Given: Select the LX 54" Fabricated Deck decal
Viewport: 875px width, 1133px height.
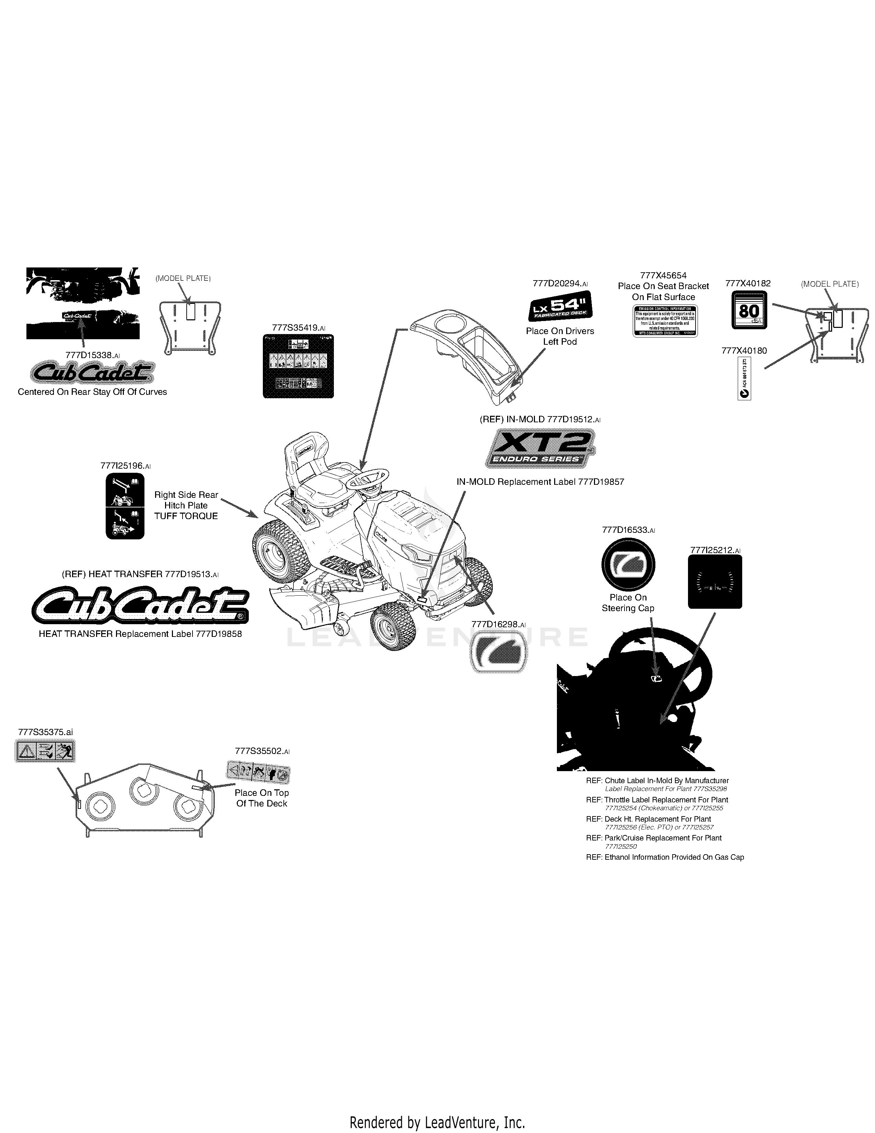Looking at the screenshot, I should pos(560,309).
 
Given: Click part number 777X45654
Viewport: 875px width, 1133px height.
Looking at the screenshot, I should pos(663,275).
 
